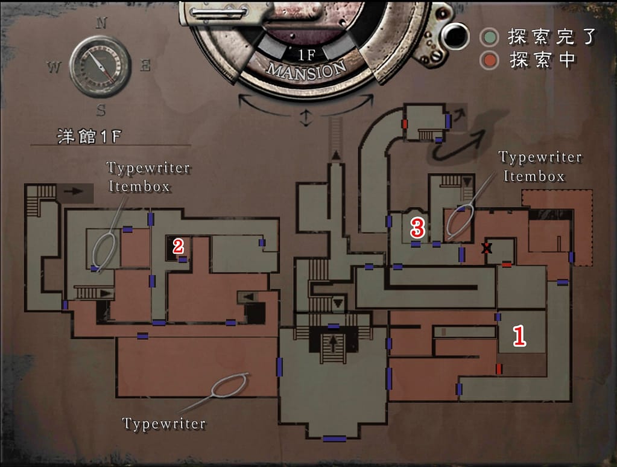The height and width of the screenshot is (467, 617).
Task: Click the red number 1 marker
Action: click(x=519, y=335)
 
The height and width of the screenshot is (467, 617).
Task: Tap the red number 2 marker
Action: click(x=178, y=246)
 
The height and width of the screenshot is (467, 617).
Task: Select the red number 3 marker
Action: click(x=417, y=227)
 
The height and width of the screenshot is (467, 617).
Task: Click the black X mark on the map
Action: click(x=487, y=247)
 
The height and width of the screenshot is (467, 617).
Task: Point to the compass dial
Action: click(x=100, y=66)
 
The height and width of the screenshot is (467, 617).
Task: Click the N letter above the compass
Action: click(x=101, y=24)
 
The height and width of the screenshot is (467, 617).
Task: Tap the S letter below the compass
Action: click(x=101, y=110)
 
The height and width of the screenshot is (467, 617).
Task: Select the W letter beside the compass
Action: click(x=54, y=68)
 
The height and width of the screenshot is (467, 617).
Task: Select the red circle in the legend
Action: click(x=489, y=60)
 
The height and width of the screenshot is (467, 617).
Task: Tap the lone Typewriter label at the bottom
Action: click(x=164, y=424)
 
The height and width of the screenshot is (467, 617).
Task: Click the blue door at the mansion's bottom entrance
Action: click(x=334, y=439)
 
